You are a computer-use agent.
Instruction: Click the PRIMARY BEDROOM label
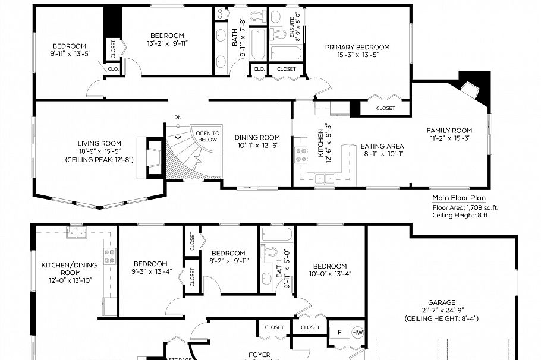tap(357, 47)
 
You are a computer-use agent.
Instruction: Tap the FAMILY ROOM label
tap(449, 131)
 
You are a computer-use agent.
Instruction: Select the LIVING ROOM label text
tap(99, 143)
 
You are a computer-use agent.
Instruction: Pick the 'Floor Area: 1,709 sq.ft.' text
tap(465, 207)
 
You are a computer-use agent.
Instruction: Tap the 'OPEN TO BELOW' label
tap(207, 137)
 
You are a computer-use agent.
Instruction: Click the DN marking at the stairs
tap(178, 118)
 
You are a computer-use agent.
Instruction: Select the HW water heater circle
tap(357, 333)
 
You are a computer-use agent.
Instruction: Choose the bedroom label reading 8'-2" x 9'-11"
tap(228, 260)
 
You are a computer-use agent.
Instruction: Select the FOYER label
tap(259, 355)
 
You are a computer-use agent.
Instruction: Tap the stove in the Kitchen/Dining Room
tap(110, 257)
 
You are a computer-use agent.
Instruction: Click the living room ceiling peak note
tap(99, 160)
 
